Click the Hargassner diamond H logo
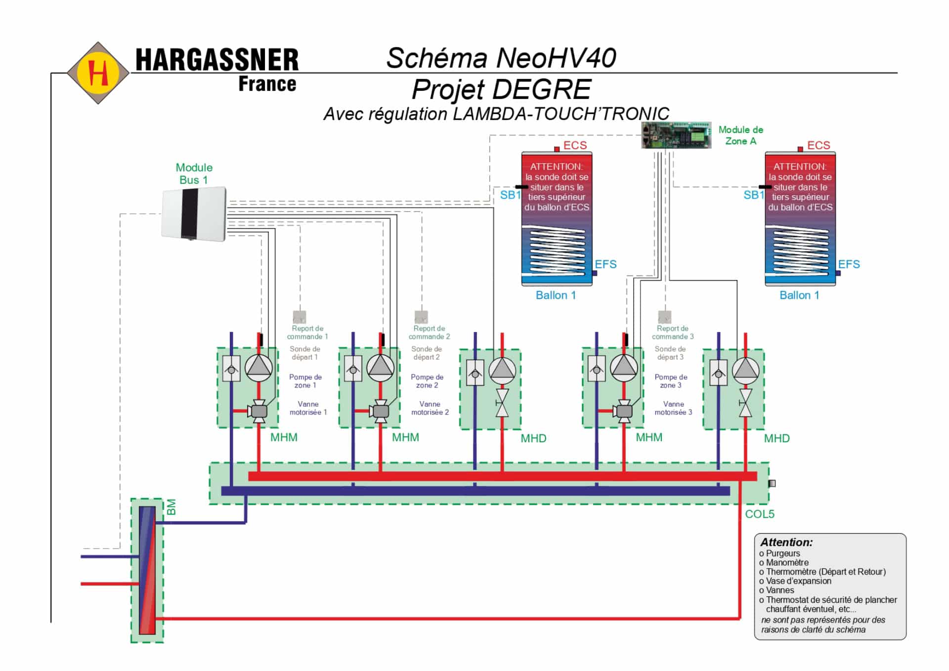pos(98,73)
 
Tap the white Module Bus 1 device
pos(194,214)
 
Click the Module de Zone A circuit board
pos(676,135)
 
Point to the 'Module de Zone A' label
pos(740,135)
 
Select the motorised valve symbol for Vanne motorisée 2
pos(381,411)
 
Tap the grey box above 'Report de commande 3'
pos(665,316)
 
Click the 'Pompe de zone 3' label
pos(671,381)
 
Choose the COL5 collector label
pos(760,514)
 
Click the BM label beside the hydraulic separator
pos(171,507)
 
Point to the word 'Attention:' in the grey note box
pos(786,542)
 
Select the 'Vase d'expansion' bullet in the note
pos(795,581)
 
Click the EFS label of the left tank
pos(605,264)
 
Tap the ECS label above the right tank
pos(819,145)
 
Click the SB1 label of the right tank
pos(754,195)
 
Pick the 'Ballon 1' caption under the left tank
pos(556,295)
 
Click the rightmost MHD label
pos(776,438)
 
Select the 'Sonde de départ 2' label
pos(427,353)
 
